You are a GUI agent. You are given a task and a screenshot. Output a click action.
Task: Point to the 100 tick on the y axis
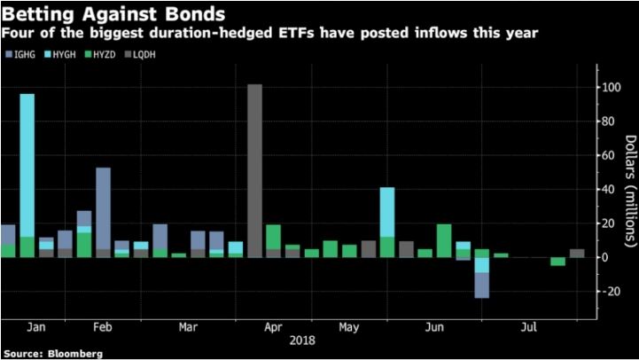611,88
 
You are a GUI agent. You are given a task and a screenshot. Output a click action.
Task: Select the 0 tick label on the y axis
606,258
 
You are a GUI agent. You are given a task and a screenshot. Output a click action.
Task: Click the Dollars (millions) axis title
628,190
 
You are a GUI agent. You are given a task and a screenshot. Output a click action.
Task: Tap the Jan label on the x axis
37,326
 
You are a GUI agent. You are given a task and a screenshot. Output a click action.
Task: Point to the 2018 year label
302,339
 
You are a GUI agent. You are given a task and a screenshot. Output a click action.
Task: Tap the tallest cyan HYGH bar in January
27,165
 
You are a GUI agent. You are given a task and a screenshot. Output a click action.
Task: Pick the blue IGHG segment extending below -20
482,286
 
